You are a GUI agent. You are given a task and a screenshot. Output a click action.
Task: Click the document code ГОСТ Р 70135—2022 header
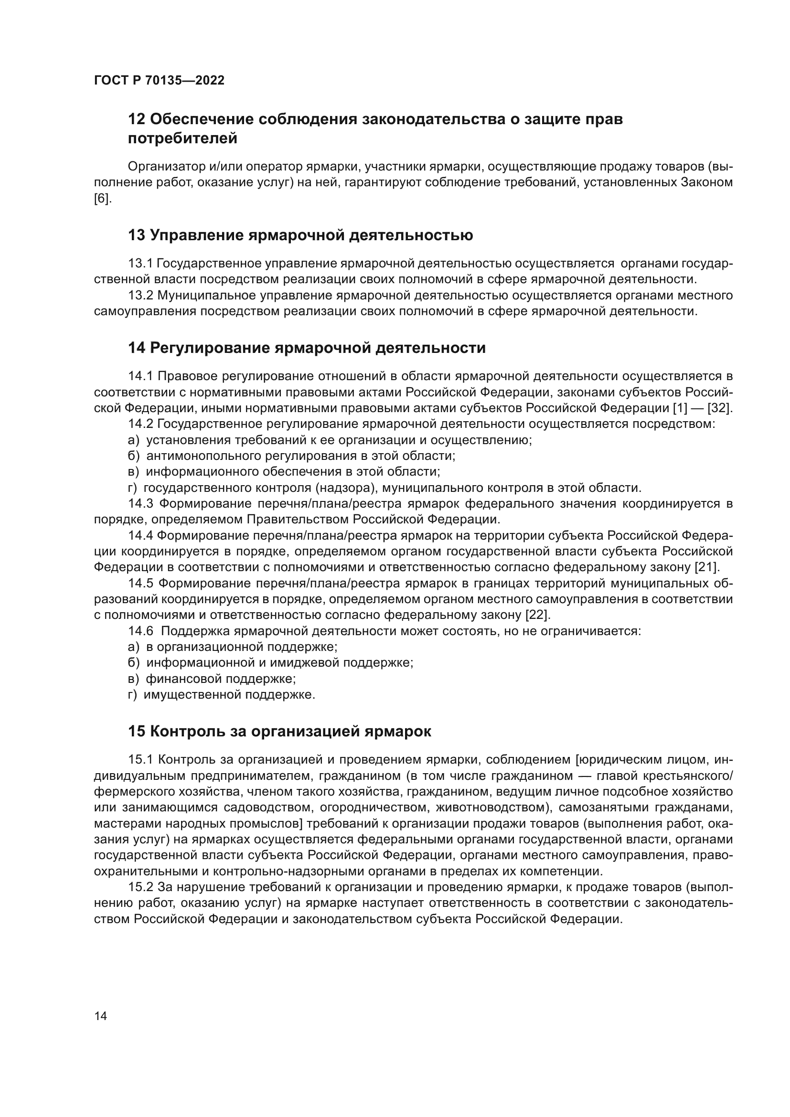coord(159,81)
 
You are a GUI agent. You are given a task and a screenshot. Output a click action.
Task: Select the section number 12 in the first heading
coord(137,119)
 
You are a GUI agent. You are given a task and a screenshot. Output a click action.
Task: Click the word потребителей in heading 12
coord(182,138)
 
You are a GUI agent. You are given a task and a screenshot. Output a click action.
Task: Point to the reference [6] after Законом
coord(102,199)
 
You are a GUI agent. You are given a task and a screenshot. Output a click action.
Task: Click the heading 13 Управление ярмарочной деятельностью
coord(300,235)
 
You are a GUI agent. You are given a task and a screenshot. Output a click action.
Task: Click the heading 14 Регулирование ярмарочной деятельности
coord(307,348)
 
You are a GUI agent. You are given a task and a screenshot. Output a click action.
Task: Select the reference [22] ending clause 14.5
coord(537,615)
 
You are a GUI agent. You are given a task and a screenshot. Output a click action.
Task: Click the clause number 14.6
coord(140,631)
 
